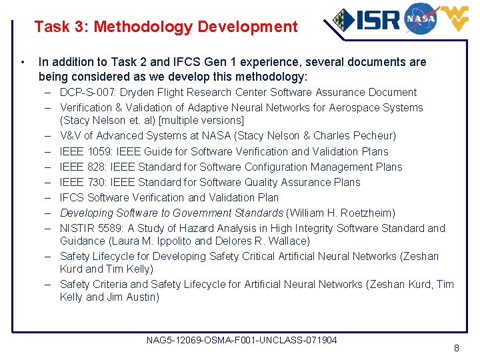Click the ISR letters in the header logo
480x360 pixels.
[378, 19]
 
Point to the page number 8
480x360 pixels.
[456, 348]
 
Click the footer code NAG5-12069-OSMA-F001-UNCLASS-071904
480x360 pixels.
[241, 341]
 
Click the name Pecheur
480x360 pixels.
[373, 136]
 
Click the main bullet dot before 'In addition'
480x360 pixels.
[23, 63]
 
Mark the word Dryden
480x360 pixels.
[157, 93]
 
